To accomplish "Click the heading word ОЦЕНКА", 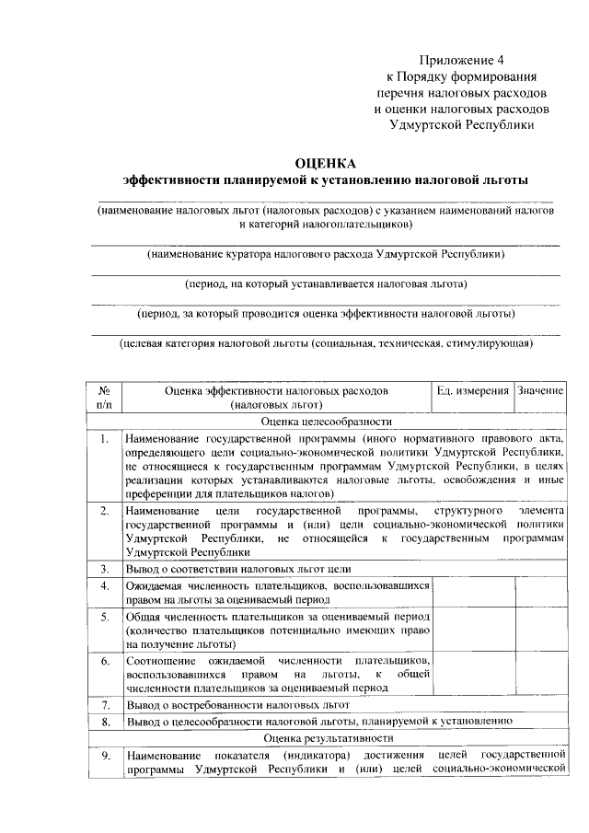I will (x=326, y=163).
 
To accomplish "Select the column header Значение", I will (x=540, y=391).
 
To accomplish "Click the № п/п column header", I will (x=103, y=398).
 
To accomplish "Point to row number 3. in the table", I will (x=105, y=569).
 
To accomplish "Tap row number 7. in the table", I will (x=105, y=704).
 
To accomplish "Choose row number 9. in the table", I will (x=105, y=756).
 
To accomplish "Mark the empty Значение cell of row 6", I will (x=540, y=674).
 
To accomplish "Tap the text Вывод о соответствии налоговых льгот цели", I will (x=238, y=569).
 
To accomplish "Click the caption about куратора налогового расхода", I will (x=326, y=253).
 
